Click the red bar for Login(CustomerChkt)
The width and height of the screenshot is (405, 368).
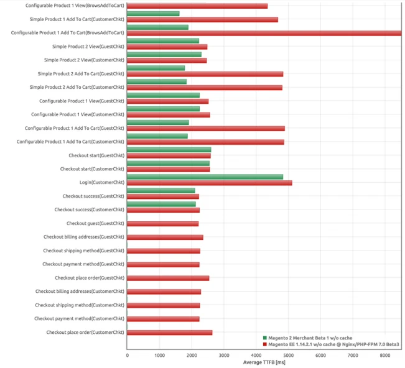pos(209,183)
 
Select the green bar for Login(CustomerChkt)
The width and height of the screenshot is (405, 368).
pos(205,177)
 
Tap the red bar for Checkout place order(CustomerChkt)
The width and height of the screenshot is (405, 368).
pos(169,333)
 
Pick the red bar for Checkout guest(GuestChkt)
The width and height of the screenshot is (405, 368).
pos(162,223)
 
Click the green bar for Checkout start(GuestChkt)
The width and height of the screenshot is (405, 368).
pos(169,149)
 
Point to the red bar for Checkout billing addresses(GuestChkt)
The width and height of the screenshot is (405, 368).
pos(165,237)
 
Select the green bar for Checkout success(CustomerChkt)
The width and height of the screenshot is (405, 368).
pos(161,204)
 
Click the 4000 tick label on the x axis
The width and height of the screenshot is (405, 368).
pos(256,356)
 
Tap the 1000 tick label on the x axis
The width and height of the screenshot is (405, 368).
pos(159,356)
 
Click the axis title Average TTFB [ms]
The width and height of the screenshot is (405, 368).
pos(264,363)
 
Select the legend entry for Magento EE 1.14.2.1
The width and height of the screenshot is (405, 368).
pos(333,343)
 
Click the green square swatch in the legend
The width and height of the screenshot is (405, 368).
pos(264,338)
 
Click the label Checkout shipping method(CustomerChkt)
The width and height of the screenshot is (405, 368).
pos(80,305)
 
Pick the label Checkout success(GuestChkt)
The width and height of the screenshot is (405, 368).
pos(93,196)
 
